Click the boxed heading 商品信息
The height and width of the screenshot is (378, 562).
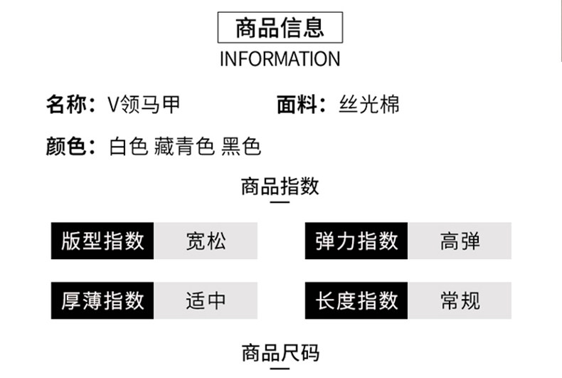280,28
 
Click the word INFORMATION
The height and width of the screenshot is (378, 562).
280,58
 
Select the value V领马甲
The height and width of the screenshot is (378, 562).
143,105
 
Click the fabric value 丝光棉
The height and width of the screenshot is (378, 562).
369,105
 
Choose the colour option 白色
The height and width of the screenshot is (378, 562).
128,146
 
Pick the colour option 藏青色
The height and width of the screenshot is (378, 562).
184,146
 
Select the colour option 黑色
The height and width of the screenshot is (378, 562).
241,146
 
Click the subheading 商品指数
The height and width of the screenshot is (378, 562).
280,187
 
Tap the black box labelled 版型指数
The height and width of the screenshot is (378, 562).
102,241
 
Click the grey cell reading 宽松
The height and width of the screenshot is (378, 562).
206,241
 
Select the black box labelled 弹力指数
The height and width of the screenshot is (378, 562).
356,241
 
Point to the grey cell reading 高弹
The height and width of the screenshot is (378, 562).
460,241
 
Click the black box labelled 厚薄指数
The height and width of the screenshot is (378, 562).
102,300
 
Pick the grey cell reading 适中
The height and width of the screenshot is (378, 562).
206,300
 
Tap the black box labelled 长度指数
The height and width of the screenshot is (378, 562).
356,300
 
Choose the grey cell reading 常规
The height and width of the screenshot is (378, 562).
460,300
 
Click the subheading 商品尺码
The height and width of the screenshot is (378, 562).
280,352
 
